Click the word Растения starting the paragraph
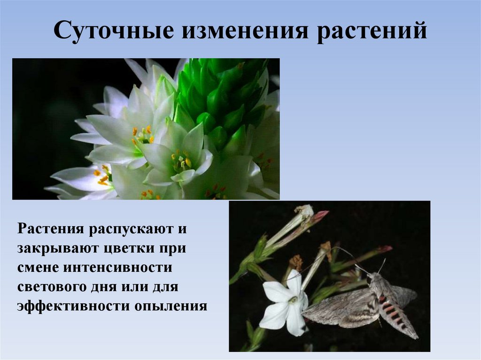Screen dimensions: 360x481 point(51,230)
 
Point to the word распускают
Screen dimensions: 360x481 point(126,230)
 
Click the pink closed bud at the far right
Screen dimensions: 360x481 point(384,249)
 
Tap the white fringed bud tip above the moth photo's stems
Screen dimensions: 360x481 point(304,211)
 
